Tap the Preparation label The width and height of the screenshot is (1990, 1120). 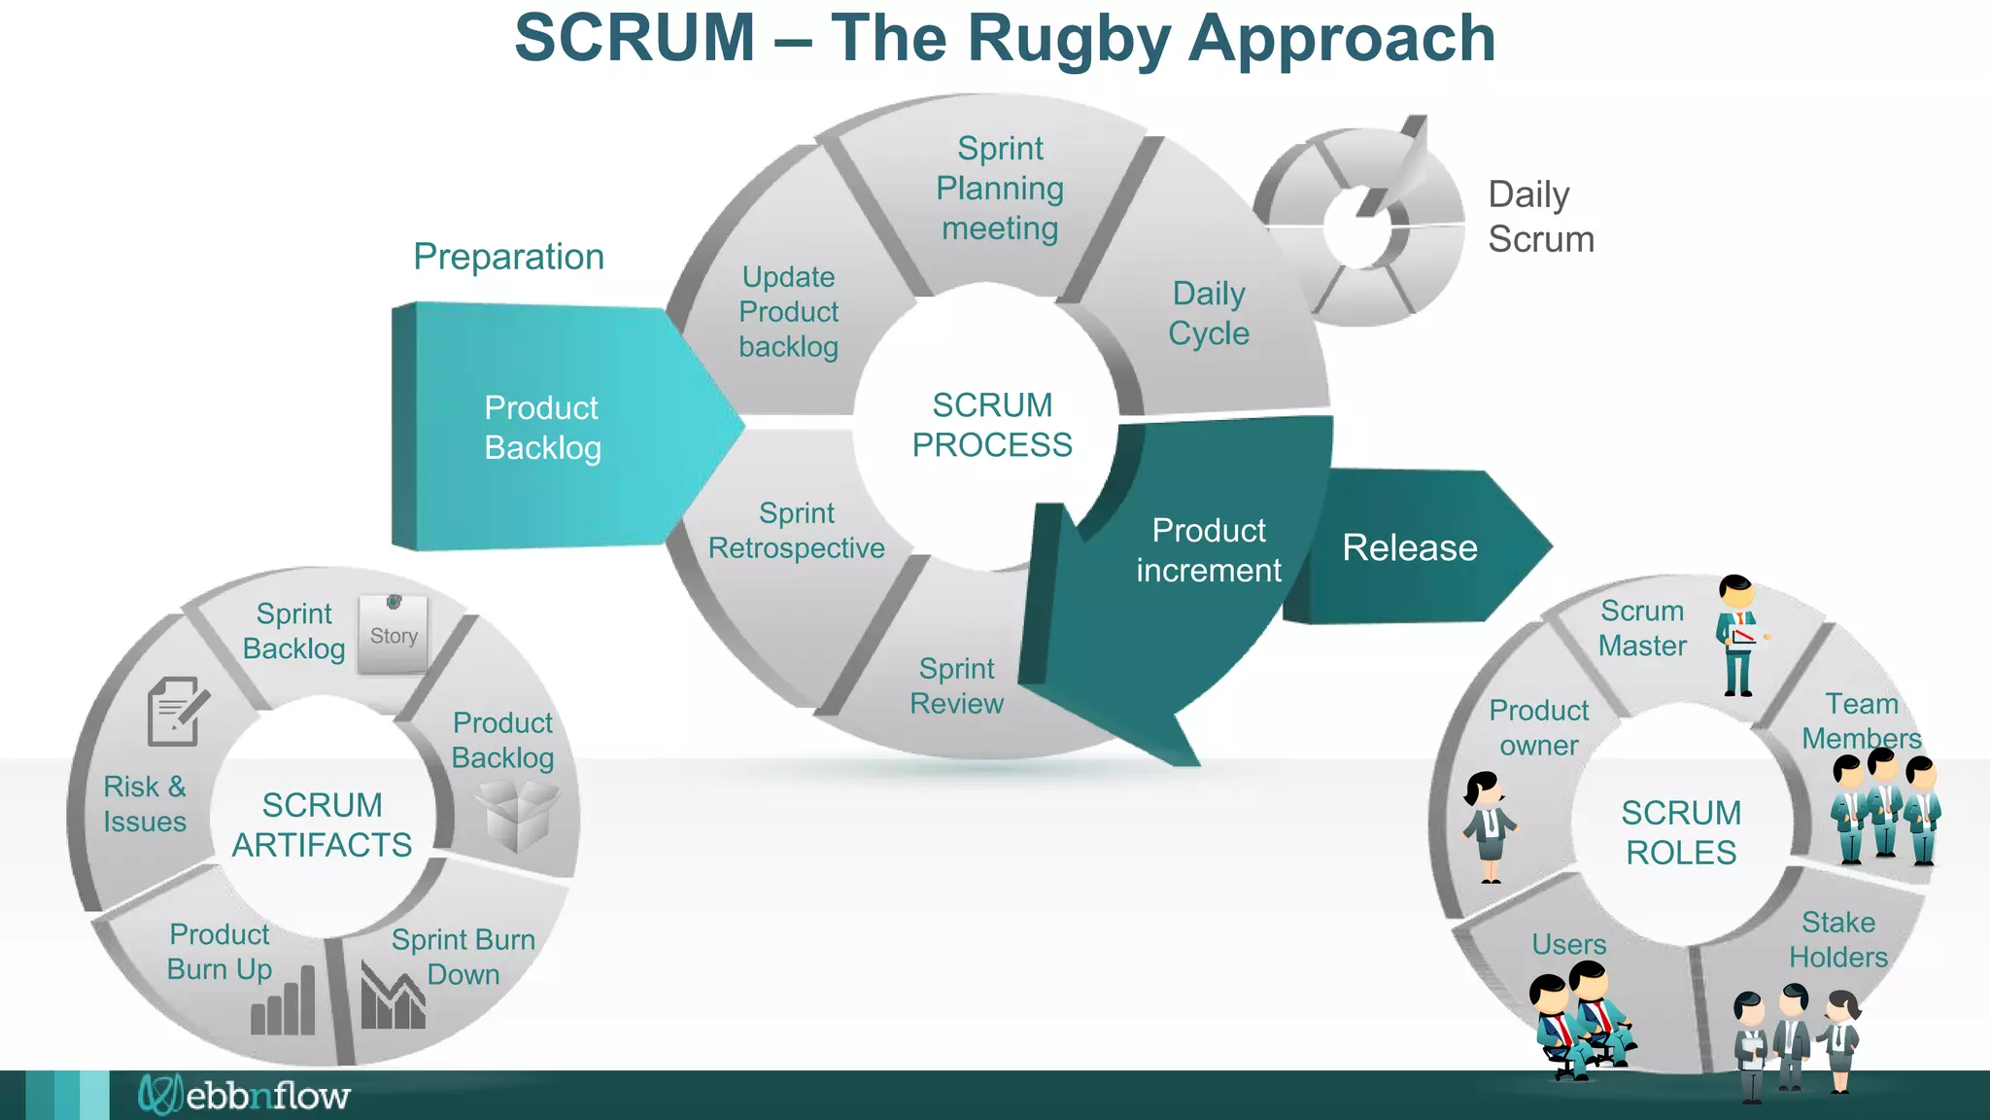tap(508, 257)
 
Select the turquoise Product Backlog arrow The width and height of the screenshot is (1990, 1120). tap(542, 428)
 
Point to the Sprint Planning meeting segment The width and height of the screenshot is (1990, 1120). tap(1000, 189)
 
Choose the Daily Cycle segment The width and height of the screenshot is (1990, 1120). tap(1208, 313)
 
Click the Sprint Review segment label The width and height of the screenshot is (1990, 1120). tap(956, 685)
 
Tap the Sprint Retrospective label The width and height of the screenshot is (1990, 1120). tap(796, 531)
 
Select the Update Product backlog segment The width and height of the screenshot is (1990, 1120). tap(788, 312)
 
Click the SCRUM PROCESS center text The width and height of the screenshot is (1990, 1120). tap(991, 425)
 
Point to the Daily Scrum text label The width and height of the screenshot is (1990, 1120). tap(1540, 217)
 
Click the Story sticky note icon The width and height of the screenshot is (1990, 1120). tap(394, 634)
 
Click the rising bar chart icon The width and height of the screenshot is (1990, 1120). tap(284, 1002)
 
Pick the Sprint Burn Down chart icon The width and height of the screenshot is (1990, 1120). tap(393, 997)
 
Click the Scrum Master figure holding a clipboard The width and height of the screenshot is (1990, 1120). tap(1738, 636)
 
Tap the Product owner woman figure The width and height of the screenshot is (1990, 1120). tap(1489, 826)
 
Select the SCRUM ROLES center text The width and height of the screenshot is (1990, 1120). tap(1681, 832)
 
